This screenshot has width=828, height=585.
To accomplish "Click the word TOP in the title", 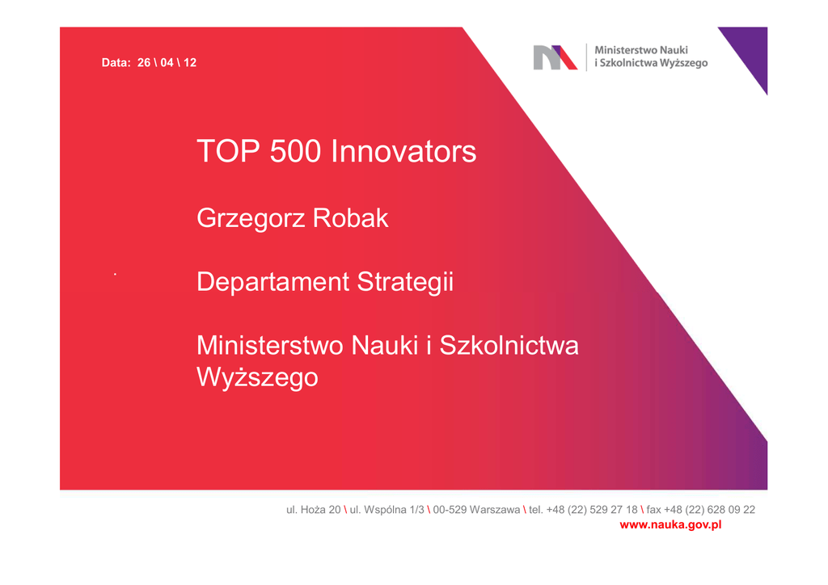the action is pyautogui.click(x=228, y=151).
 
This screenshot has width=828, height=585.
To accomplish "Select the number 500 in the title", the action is pyautogui.click(x=295, y=151).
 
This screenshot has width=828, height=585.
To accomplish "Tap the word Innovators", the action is pyautogui.click(x=403, y=151).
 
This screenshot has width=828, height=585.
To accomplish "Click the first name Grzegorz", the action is pyautogui.click(x=249, y=218).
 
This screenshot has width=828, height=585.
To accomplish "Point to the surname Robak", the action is pyautogui.click(x=350, y=218).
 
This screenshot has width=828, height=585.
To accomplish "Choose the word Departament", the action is pyautogui.click(x=272, y=282).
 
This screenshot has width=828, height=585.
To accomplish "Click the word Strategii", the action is pyautogui.click(x=405, y=282).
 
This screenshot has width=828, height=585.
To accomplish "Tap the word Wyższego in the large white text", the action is pyautogui.click(x=257, y=377).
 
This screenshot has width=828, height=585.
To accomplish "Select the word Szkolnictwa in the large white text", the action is pyautogui.click(x=509, y=346).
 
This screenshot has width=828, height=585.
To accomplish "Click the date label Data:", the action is pyautogui.click(x=116, y=63).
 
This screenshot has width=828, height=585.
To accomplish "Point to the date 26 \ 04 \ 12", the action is pyautogui.click(x=167, y=63).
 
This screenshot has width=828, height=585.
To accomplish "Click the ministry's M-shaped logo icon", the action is pyautogui.click(x=555, y=57).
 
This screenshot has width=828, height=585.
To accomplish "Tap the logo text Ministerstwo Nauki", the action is pyautogui.click(x=641, y=50).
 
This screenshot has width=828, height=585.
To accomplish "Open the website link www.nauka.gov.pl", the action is pyautogui.click(x=670, y=525).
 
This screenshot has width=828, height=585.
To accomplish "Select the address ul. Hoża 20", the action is pyautogui.click(x=314, y=510).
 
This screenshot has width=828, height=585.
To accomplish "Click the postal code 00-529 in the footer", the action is pyautogui.click(x=450, y=510).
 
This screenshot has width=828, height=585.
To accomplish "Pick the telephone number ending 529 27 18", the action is pyautogui.click(x=584, y=510).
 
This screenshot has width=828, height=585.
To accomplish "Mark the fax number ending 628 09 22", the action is pyautogui.click(x=701, y=510).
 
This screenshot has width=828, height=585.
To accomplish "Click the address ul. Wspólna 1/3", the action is pyautogui.click(x=387, y=510).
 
